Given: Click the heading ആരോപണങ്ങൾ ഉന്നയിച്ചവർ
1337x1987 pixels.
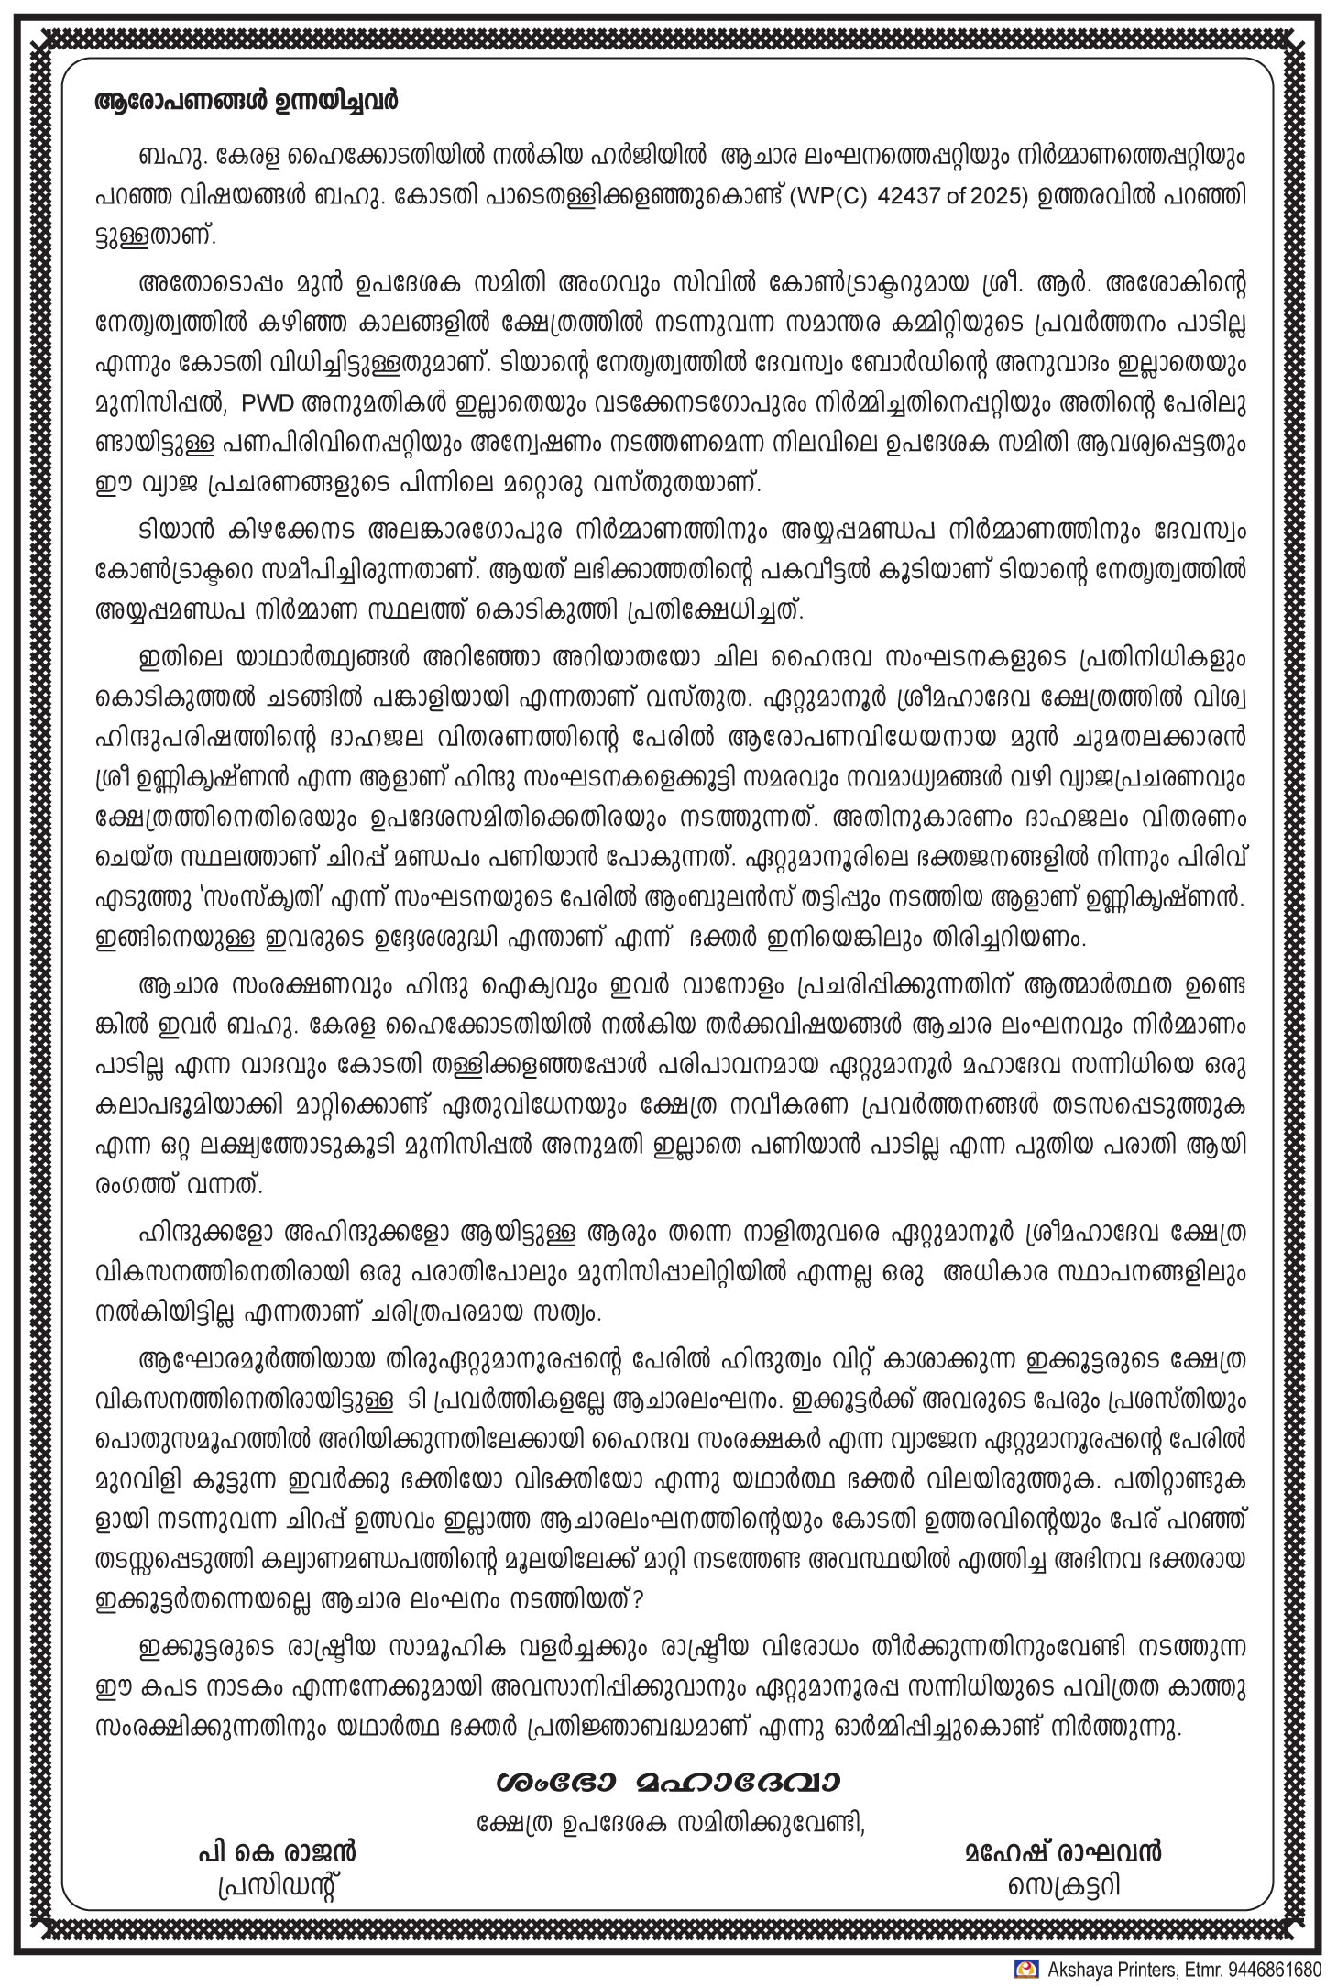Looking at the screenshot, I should click(247, 101).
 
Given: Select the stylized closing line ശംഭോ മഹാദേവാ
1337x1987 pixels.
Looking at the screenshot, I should click(667, 1781).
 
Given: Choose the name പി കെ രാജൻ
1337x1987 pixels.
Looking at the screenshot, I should click(275, 1852).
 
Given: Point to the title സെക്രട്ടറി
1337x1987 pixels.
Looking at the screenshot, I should click(1064, 1886).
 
